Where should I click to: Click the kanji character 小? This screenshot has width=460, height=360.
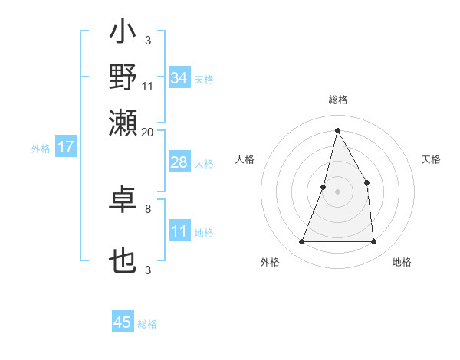123,34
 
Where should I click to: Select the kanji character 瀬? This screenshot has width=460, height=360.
123,120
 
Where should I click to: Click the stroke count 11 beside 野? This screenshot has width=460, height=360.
148,87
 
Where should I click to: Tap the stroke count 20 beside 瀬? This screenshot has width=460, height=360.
148,132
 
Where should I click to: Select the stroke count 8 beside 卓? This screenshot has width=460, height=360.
148,208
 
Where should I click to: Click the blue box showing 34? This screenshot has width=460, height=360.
179,78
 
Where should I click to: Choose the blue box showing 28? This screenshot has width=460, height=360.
179,163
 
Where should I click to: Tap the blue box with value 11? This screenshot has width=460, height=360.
179,231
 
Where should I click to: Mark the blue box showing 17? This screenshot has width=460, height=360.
65,147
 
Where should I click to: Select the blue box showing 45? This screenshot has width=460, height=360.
123,322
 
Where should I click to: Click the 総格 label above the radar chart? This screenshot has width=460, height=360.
338,100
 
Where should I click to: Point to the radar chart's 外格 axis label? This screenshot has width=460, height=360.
270,262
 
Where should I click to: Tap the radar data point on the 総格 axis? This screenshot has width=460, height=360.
337,130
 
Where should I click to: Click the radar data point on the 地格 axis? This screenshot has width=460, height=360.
373,242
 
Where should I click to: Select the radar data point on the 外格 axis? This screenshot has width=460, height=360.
301,242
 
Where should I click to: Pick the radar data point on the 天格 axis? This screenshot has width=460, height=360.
367,182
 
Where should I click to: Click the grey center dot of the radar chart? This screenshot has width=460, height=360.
337,191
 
